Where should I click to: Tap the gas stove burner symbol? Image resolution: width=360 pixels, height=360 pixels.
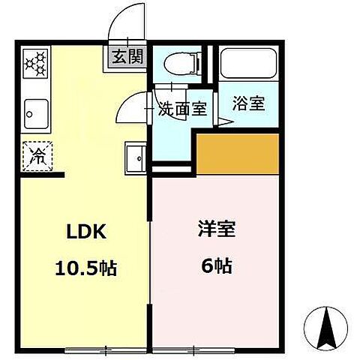(36, 64)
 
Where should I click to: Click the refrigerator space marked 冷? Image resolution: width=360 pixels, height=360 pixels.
(36, 155)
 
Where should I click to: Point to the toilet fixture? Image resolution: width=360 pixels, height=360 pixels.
(179, 65)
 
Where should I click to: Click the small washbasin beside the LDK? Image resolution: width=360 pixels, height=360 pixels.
(136, 157)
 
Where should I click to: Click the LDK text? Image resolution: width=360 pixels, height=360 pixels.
(83, 232)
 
